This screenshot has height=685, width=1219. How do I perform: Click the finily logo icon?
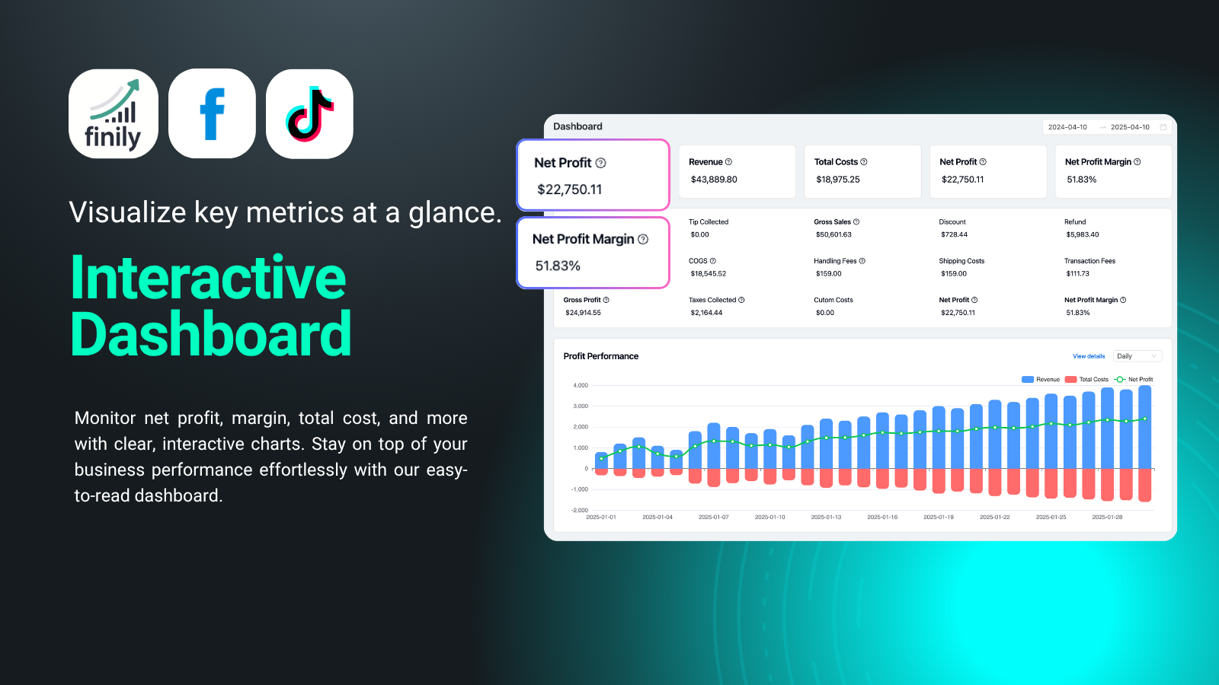[x=114, y=113]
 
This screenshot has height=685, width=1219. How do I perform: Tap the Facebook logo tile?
[x=212, y=113]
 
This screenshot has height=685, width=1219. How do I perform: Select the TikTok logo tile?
[x=309, y=113]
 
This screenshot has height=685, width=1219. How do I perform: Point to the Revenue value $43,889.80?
[x=713, y=180]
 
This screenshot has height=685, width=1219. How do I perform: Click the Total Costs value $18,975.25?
[x=837, y=180]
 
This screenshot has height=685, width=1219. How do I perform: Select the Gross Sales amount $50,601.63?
[x=833, y=235]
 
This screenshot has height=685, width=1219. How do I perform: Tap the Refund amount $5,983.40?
[x=1082, y=235]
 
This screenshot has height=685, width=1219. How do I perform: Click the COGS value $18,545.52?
[x=708, y=274]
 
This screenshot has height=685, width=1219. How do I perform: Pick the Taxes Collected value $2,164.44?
[x=705, y=313]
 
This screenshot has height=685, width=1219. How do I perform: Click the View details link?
[x=1089, y=357]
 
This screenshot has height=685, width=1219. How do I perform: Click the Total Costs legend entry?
[x=1086, y=380]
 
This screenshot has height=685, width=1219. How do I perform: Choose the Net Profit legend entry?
[x=1134, y=380]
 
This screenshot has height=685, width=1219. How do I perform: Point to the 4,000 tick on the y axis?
[x=580, y=385]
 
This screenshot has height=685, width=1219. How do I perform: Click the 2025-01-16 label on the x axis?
[x=882, y=517]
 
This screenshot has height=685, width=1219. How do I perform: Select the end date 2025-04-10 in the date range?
[x=1130, y=127]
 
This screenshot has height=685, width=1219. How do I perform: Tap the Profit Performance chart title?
[x=601, y=357]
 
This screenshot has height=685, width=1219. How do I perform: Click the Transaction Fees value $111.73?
[x=1077, y=274]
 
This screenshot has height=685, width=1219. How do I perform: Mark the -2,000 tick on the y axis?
[x=580, y=511]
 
